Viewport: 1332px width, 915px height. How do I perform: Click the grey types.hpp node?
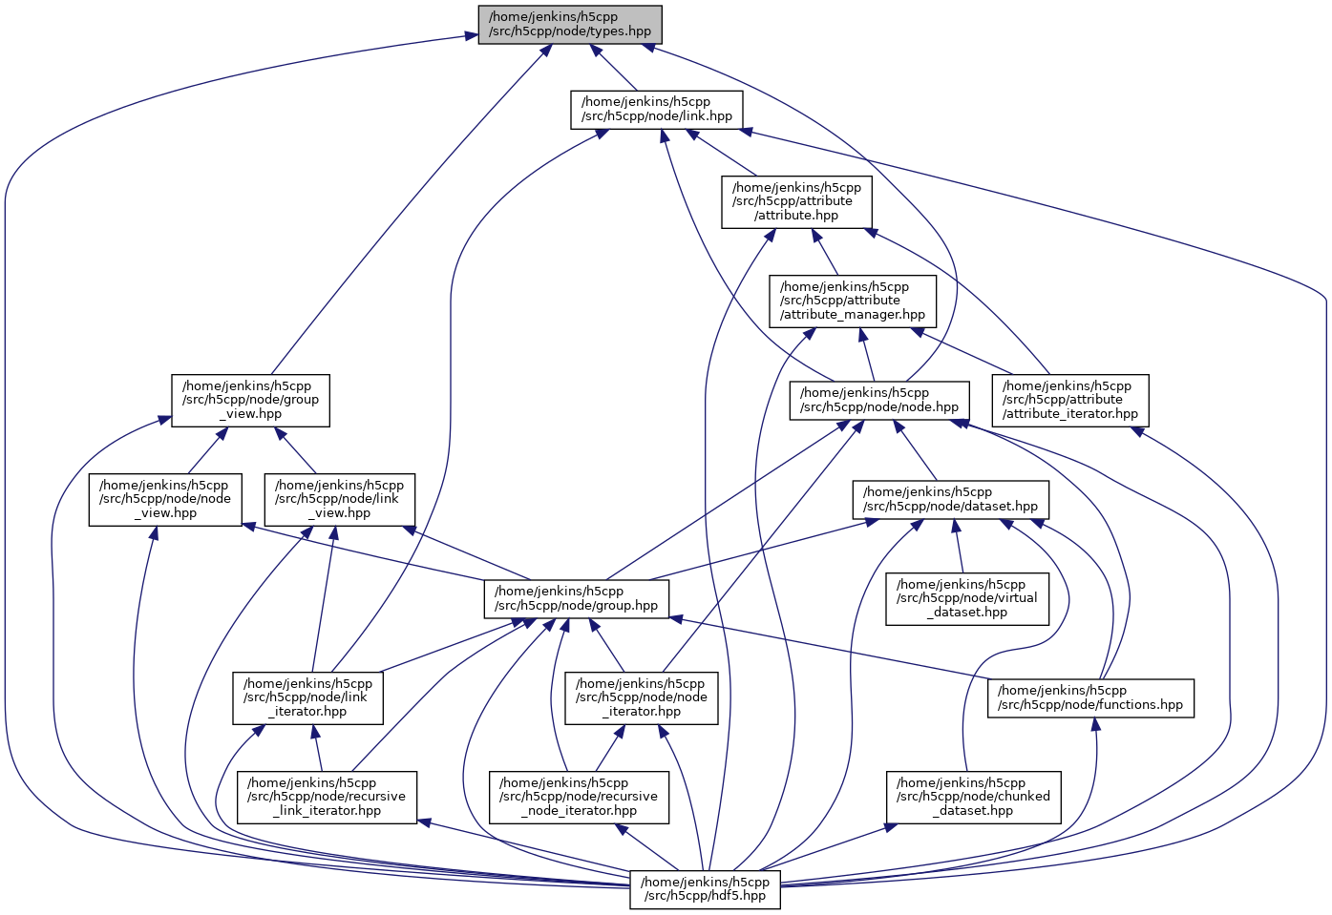coord(570,24)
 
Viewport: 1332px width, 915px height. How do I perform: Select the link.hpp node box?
coord(657,110)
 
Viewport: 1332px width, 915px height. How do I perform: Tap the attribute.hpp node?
coord(796,201)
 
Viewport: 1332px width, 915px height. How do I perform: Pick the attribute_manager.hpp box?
coord(853,301)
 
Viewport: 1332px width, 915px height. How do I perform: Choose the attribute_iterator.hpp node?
coord(1070,400)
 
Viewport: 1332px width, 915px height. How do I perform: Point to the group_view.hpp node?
coord(250,400)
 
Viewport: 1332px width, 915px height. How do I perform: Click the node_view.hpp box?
coord(165,499)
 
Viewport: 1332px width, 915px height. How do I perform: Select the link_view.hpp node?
coord(339,499)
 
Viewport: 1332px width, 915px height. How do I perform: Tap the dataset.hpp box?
coord(950,499)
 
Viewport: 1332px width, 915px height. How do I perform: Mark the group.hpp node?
coord(577,598)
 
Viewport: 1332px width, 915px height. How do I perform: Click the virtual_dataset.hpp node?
coord(966,598)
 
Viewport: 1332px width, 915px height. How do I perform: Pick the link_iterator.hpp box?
coord(308,697)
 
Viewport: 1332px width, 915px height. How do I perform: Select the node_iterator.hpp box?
coord(641,697)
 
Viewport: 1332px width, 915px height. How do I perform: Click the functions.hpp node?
coord(1090,697)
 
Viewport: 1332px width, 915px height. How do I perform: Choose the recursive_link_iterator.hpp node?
coord(327,797)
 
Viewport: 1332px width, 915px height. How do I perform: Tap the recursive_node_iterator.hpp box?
coord(579,797)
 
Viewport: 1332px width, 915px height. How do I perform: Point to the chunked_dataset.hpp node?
coord(974,797)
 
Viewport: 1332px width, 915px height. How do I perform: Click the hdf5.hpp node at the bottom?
coord(705,889)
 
